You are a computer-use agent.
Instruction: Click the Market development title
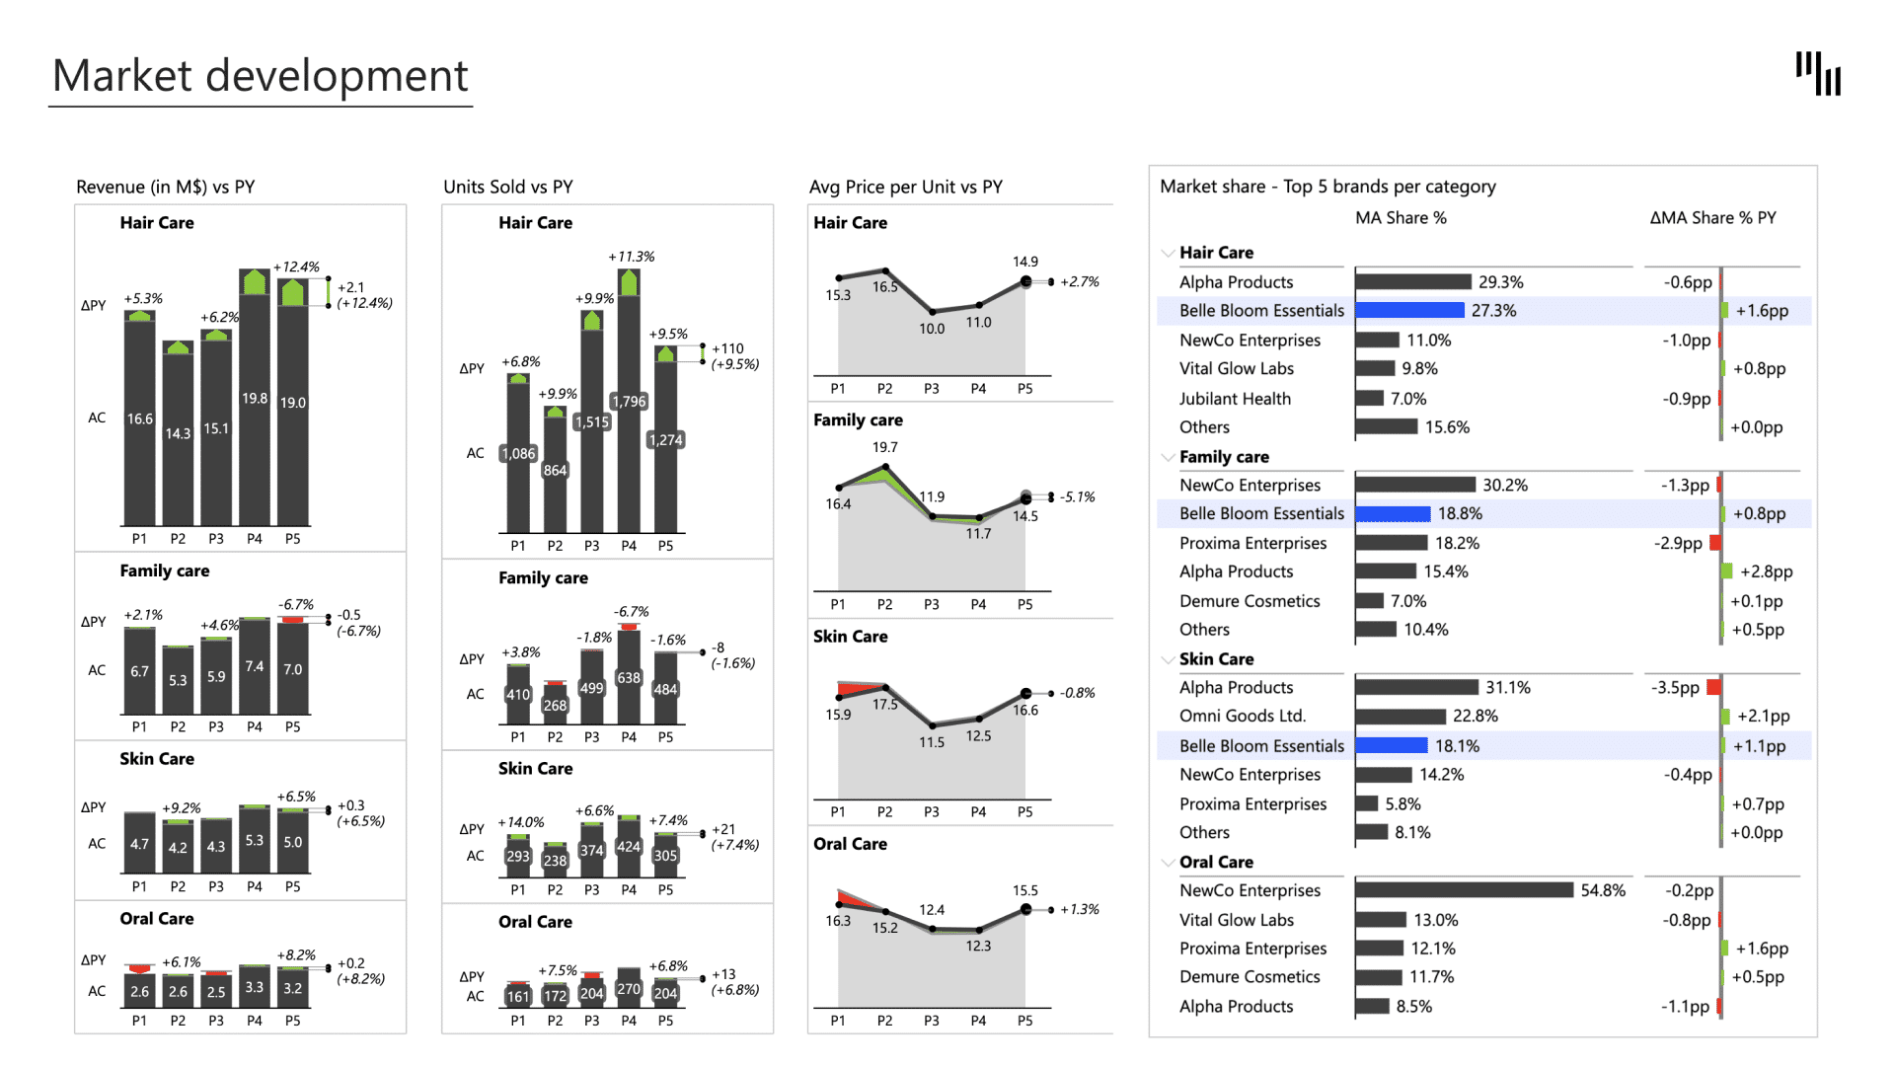coord(260,76)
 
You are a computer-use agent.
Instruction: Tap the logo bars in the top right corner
coord(1818,74)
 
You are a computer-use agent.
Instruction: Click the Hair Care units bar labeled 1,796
coord(629,415)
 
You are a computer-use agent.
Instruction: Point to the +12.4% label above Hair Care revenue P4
coord(296,266)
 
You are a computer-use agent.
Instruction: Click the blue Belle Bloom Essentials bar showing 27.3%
coord(1409,311)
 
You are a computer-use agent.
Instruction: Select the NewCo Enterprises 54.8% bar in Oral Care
coord(1464,890)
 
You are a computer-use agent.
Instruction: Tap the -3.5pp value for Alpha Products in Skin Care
coord(1675,688)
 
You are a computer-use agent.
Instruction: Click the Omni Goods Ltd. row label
coord(1242,717)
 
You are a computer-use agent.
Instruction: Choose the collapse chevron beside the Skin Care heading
coord(1169,659)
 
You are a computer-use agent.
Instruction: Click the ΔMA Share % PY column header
coord(1712,218)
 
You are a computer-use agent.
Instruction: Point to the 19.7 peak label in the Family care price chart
coord(885,447)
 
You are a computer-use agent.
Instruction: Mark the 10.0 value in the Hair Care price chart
coord(932,329)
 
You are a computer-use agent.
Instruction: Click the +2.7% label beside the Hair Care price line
coord(1080,282)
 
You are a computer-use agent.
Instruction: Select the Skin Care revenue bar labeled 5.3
coord(255,841)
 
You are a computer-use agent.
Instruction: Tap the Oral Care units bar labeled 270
coord(629,988)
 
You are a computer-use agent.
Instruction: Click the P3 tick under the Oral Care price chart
coord(932,1021)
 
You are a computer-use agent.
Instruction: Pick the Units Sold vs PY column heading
coord(508,188)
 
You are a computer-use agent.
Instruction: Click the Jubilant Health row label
coord(1235,399)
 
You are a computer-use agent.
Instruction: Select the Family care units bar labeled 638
coord(629,678)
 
